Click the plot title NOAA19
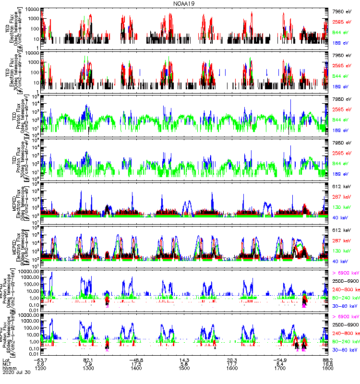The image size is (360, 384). (180, 3)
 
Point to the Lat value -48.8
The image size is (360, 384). (136, 360)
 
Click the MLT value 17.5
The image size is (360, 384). (136, 364)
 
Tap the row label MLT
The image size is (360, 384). (7, 364)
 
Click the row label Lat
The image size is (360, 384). (6, 360)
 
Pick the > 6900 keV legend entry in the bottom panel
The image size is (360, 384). (346, 317)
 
